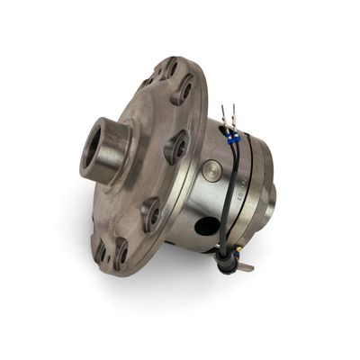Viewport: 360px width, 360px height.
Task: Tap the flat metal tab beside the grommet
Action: [x=244, y=266]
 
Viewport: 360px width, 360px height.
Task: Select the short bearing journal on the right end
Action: [x=271, y=193]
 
